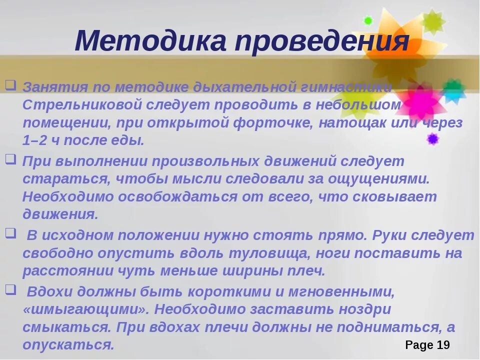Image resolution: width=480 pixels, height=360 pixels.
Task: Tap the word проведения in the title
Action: [322, 41]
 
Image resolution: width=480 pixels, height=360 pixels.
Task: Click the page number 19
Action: [443, 345]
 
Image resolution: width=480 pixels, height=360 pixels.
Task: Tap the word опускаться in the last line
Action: [68, 345]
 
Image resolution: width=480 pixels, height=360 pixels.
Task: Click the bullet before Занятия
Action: [11, 84]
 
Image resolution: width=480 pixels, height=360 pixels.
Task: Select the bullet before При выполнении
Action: [11, 159]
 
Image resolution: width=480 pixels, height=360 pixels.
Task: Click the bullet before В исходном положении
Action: [11, 232]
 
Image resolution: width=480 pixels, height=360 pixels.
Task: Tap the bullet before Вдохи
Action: [11, 288]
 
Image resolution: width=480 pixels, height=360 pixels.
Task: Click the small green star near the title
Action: [368, 21]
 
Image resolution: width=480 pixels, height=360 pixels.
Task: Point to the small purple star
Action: [432, 138]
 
